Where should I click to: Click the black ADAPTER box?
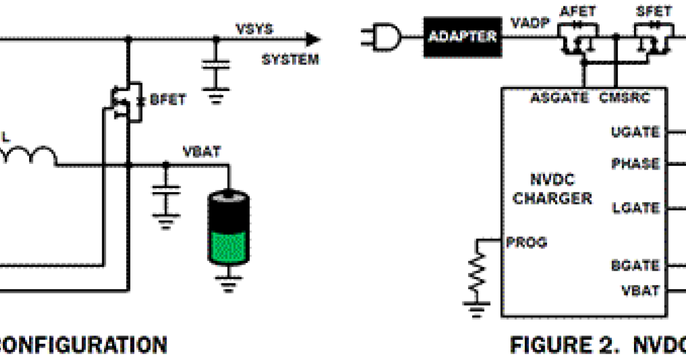461,37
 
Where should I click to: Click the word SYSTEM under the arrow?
290,59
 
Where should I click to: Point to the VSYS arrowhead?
313,39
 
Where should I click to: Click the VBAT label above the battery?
201,152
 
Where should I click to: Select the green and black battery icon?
228,229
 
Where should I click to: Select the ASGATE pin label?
560,98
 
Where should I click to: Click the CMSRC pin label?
625,98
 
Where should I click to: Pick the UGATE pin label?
635,132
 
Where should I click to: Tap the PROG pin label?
527,242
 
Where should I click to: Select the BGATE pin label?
635,266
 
